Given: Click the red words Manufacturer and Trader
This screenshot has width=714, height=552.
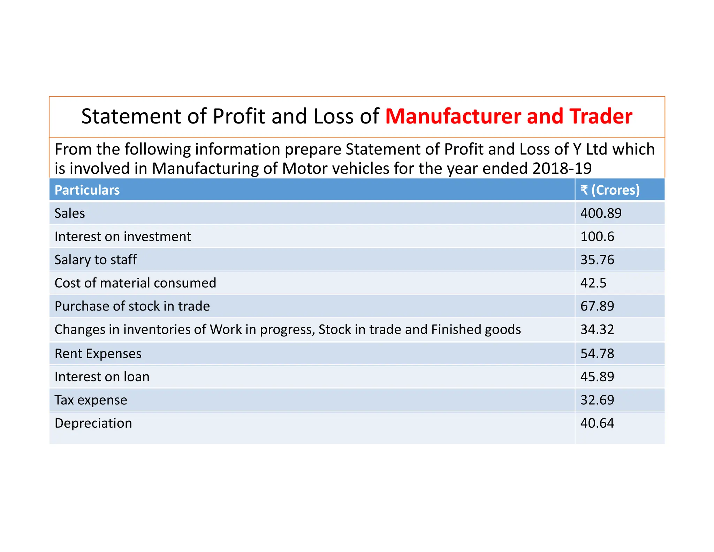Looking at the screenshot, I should pos(508,116).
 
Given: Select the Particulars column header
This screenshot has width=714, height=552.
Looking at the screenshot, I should pos(87,190).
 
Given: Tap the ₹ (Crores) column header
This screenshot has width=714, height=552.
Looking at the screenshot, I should pos(610,190).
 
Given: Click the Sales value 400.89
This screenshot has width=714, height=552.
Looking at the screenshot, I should pos(601,213).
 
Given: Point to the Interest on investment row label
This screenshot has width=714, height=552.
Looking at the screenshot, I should pos(123,237).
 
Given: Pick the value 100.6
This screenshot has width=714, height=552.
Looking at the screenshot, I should pos(597,237).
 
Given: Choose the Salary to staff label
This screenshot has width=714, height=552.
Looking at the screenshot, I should pos(96,260).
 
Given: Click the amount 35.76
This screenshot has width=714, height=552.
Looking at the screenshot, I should pos(597,260).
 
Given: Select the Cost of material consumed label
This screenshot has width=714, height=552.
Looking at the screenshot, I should pos(135,283).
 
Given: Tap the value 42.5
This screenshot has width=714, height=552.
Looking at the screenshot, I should pos(593,283).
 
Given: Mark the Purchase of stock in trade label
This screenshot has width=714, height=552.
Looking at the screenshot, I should pos(132,306).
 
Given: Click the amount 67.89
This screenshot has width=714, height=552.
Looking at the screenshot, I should pos(597,306).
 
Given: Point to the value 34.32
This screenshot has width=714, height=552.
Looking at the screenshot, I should pos(597,329).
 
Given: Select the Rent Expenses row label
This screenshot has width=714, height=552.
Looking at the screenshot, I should pos(98,353).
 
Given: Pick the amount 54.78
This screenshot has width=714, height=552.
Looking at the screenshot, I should pos(597,353).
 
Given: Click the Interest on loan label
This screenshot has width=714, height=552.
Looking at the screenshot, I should pos(102,377).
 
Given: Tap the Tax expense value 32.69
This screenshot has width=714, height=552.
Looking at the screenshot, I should pos(597,400).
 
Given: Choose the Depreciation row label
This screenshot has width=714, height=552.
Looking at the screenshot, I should pos(93,423).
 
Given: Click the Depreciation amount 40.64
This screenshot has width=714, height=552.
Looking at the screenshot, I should pos(597,423).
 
